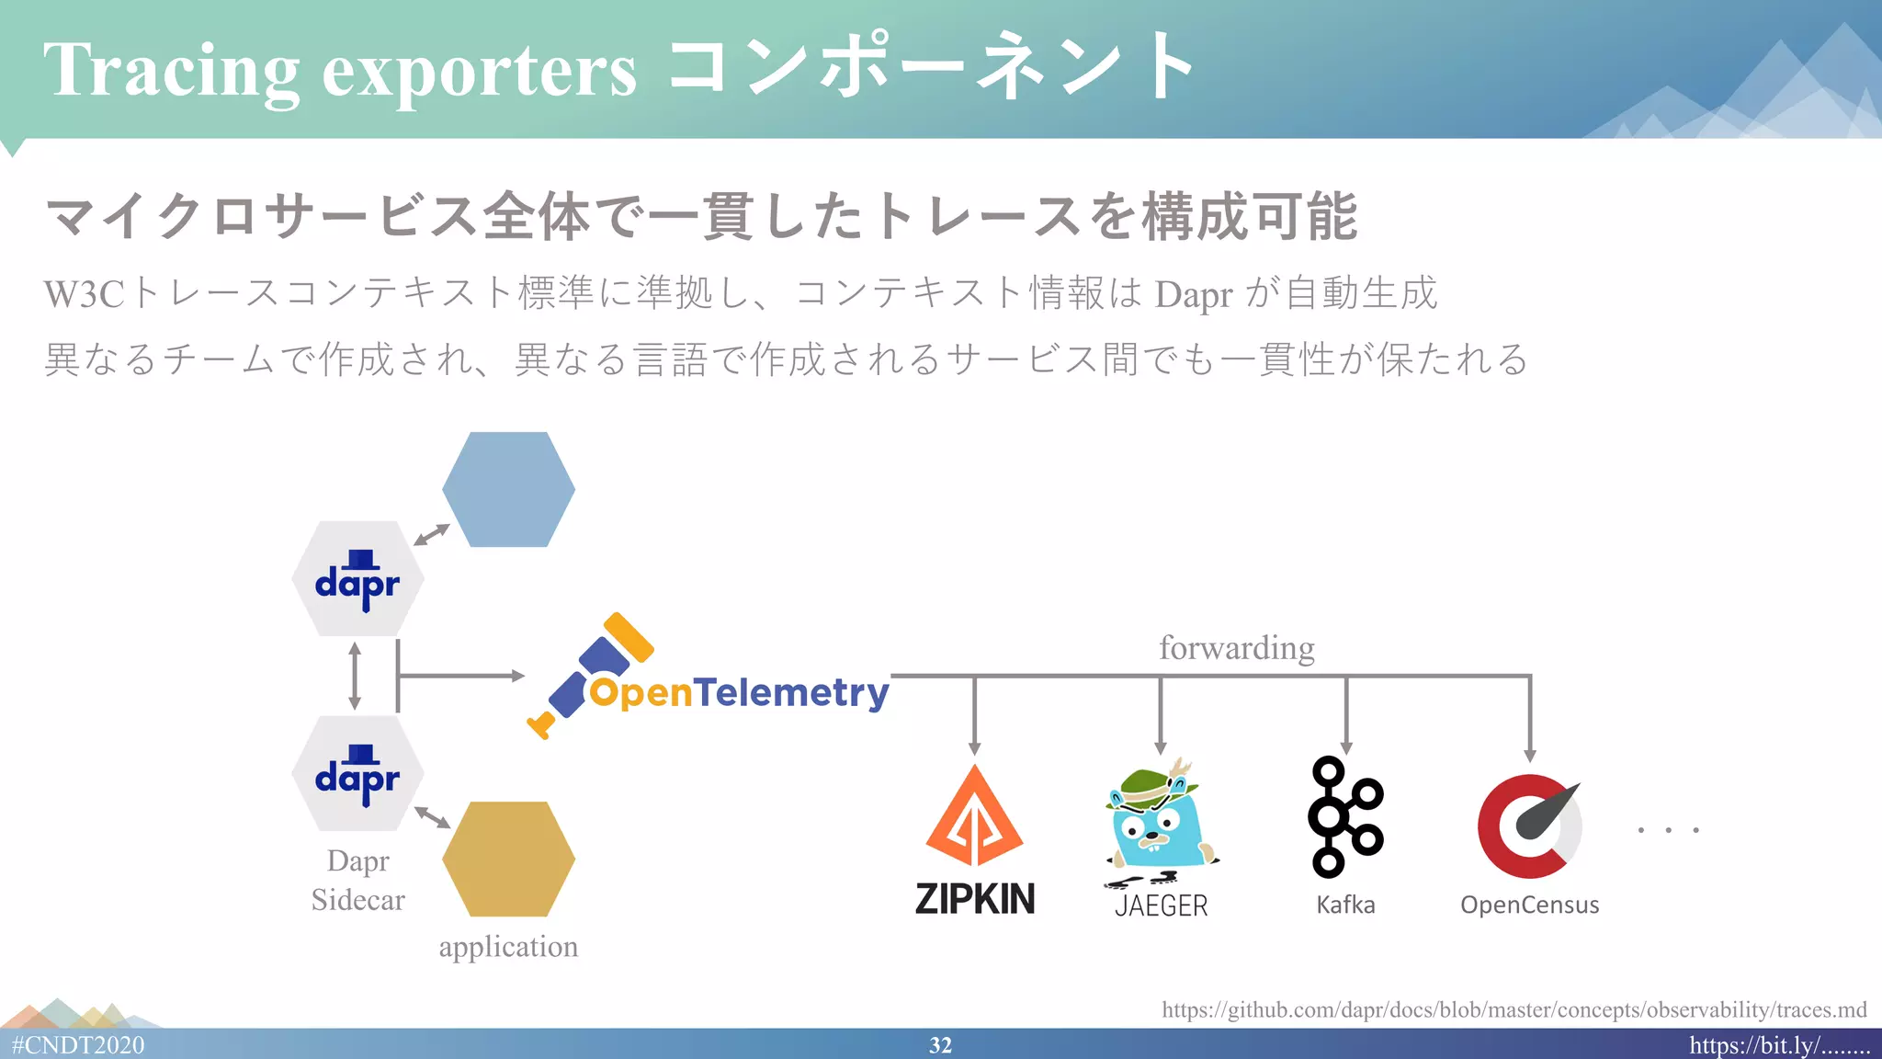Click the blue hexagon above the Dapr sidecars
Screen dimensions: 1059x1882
tap(508, 489)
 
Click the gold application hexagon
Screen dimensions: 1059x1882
tap(508, 859)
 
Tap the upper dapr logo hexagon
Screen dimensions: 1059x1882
tap(357, 579)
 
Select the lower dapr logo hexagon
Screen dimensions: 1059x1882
tap(357, 774)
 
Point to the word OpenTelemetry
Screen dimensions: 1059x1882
tap(739, 692)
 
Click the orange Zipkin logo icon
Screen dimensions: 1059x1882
tap(974, 817)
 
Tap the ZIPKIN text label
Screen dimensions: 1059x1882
tap(975, 898)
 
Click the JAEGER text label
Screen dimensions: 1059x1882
tap(1161, 905)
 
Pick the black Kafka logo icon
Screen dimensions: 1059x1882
tap(1345, 817)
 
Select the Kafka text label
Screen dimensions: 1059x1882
tap(1345, 905)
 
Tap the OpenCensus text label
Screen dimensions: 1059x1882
tap(1529, 905)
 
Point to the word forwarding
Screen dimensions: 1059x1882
tap(1236, 647)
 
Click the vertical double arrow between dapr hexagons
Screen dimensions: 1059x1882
tap(355, 676)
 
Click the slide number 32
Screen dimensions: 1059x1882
tap(940, 1045)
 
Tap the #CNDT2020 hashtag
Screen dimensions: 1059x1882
tap(78, 1045)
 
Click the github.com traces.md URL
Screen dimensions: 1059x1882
tap(1514, 1009)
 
